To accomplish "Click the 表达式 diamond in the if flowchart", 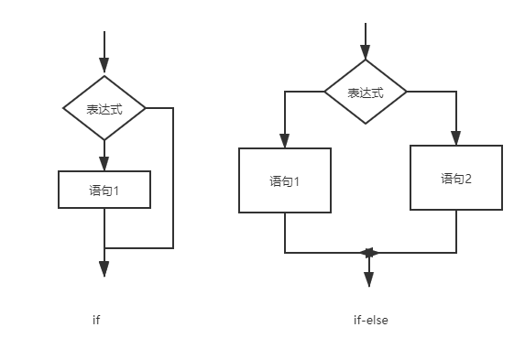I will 104,108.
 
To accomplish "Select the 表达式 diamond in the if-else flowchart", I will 366,93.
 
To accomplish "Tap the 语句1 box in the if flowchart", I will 104,191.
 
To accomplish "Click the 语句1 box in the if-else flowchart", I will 285,180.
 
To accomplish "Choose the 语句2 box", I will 456,178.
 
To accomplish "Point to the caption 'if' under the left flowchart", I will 96,320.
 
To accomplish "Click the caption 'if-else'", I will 371,320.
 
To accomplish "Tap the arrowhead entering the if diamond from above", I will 104,66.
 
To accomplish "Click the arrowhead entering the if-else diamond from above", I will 366,52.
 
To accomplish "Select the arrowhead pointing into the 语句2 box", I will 456,137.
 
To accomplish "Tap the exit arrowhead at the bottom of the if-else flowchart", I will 368,278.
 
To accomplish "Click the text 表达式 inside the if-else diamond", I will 365,93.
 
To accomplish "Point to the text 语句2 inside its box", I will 456,179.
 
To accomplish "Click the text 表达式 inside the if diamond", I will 104,109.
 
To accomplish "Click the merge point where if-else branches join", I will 368,252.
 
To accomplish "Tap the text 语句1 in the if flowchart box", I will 104,191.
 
